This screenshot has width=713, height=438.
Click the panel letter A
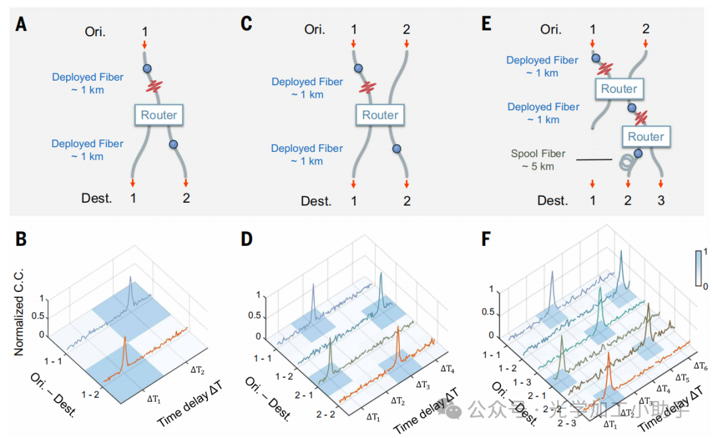pos(22,25)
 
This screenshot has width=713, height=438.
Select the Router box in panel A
pos(158,115)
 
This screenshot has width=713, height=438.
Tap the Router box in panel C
pos(380,115)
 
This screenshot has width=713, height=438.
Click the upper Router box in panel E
pos(619,89)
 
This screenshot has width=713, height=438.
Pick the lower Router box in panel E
pos(646,137)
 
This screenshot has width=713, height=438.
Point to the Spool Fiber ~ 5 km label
pos(538,160)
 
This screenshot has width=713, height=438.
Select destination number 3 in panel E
pos(660,200)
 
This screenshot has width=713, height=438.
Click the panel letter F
pos(487,238)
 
